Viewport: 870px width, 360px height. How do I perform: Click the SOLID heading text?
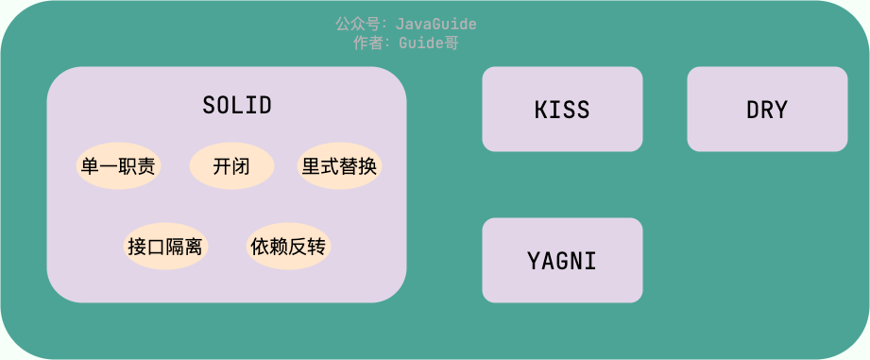click(x=237, y=105)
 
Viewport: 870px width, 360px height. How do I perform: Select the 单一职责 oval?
click(x=118, y=167)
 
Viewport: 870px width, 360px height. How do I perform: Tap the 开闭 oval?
click(x=231, y=167)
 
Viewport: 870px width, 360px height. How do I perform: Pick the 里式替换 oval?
click(x=339, y=167)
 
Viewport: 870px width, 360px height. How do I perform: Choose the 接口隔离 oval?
click(x=165, y=247)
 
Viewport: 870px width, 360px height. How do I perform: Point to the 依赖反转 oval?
click(x=288, y=247)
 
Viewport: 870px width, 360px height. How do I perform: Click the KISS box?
click(x=562, y=110)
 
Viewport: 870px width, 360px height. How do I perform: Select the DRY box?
click(x=767, y=110)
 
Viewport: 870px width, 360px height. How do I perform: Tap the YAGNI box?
click(x=562, y=260)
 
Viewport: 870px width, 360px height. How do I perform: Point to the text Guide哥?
click(x=429, y=43)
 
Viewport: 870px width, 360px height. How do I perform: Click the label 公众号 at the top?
click(x=358, y=24)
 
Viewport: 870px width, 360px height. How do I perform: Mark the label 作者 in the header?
click(x=367, y=43)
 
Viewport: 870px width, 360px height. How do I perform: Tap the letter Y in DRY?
click(x=781, y=110)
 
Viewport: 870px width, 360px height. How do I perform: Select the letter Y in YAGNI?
click(x=535, y=260)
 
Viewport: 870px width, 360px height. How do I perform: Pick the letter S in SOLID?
click(x=209, y=105)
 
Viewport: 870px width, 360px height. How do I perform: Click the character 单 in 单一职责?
click(x=91, y=167)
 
